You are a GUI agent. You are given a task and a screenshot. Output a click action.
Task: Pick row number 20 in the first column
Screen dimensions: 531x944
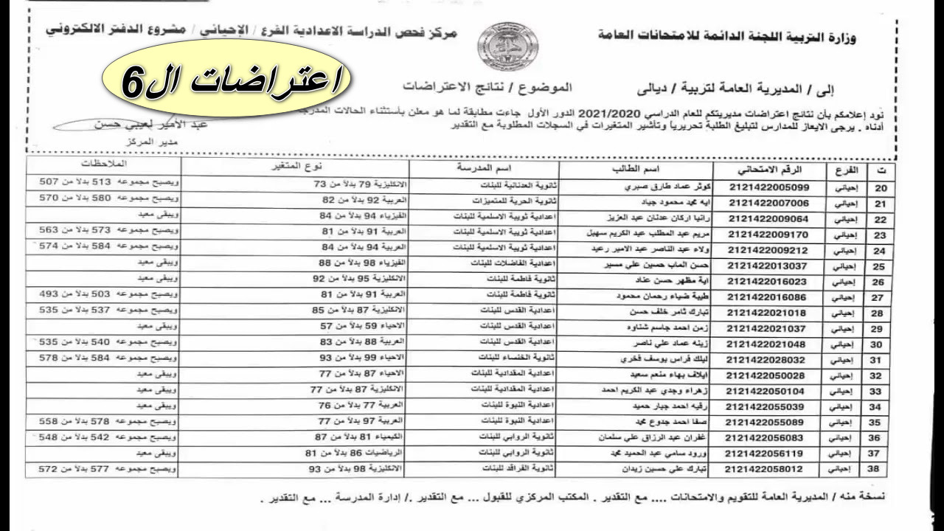(x=879, y=187)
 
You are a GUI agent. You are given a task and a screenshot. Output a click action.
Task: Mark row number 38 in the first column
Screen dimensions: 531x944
(x=879, y=468)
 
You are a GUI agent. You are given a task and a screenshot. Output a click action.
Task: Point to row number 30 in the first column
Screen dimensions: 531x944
(x=879, y=344)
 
